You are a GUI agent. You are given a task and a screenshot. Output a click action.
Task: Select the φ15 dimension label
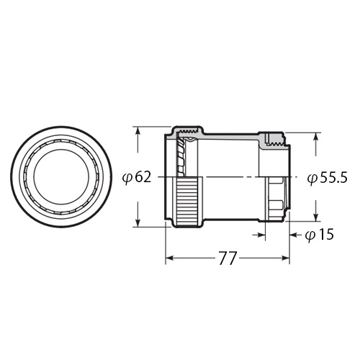coord(320,235)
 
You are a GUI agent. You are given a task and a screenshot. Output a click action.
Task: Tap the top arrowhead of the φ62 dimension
coord(137,132)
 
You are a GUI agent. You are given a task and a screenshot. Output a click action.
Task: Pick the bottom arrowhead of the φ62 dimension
coord(137,222)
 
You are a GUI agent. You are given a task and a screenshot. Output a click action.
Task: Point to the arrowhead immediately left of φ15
coord(295,233)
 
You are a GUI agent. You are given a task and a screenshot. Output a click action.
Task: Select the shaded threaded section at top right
coord(273,139)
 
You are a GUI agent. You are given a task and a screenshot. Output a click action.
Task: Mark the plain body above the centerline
coord(230,155)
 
